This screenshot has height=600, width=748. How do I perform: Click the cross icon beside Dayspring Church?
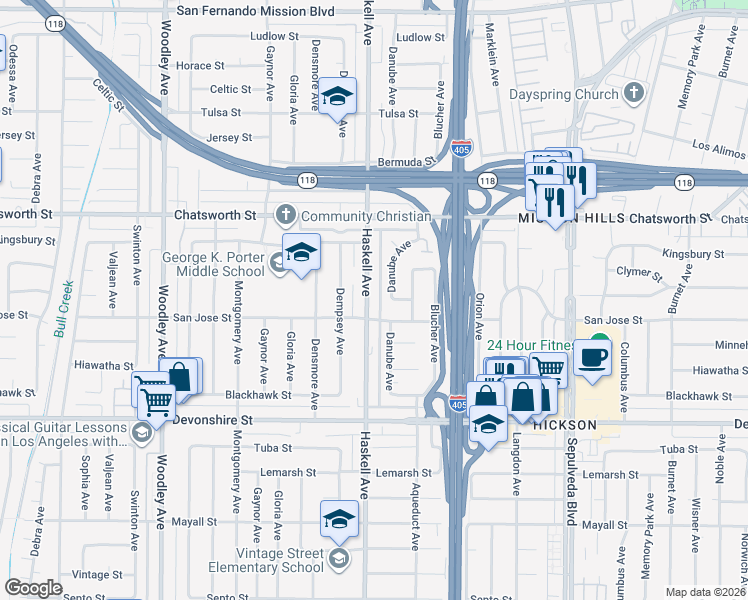click(632, 95)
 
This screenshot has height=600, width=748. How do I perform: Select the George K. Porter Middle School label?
click(214, 264)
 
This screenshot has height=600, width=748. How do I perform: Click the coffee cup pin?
click(592, 358)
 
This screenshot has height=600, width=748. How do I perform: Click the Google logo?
click(33, 588)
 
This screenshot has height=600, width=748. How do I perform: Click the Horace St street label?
click(194, 66)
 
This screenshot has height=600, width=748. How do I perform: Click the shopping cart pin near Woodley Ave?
click(157, 402)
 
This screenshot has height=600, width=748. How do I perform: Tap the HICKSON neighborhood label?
click(564, 425)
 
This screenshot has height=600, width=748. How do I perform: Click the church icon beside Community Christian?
click(285, 215)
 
